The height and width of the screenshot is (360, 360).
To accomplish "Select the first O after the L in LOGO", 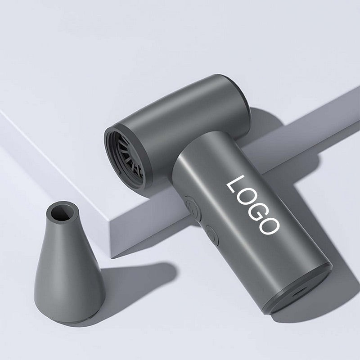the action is tap(245, 197).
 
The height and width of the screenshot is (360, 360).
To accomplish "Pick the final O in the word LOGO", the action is tap(269, 225).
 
